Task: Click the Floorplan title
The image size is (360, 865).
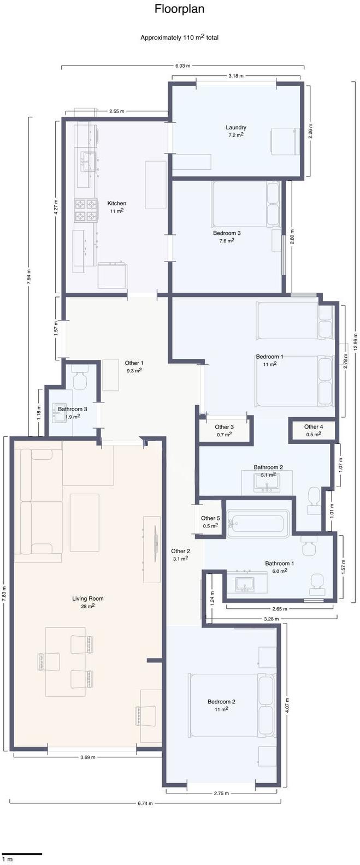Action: (x=179, y=9)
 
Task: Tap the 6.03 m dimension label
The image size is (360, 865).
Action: (x=182, y=66)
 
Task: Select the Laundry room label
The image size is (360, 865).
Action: (x=236, y=128)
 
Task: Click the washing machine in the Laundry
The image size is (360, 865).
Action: (x=284, y=141)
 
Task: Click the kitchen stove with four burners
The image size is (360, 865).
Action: (x=86, y=211)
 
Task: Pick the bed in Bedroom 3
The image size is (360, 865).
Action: (x=246, y=204)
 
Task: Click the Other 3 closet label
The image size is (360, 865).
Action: (x=224, y=427)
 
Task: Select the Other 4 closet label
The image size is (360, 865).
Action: (x=313, y=427)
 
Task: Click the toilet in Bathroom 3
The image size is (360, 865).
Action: (x=80, y=381)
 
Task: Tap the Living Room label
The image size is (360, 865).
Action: (x=87, y=599)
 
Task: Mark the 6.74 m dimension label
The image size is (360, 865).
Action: (x=145, y=803)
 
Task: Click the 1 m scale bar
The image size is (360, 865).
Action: (x=22, y=853)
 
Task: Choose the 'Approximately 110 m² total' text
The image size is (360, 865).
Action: (x=179, y=38)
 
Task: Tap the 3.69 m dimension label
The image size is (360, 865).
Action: (x=88, y=757)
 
